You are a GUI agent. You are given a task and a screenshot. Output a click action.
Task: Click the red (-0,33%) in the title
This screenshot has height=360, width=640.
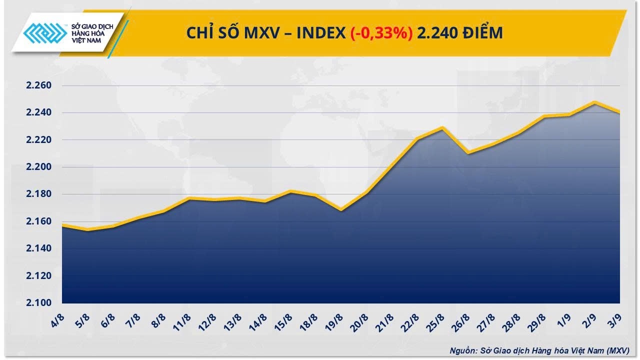coord(381,33)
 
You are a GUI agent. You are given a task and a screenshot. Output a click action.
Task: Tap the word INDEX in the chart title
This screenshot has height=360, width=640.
coord(320,33)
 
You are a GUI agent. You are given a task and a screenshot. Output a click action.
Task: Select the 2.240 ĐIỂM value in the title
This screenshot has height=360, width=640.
coord(460,33)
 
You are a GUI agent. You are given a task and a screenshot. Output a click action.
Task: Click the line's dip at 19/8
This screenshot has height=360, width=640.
coord(341,209)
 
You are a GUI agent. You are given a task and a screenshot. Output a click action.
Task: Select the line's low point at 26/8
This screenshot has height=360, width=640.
coord(468,152)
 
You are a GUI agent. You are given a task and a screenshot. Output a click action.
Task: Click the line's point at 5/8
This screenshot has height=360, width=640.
coord(88,229)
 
